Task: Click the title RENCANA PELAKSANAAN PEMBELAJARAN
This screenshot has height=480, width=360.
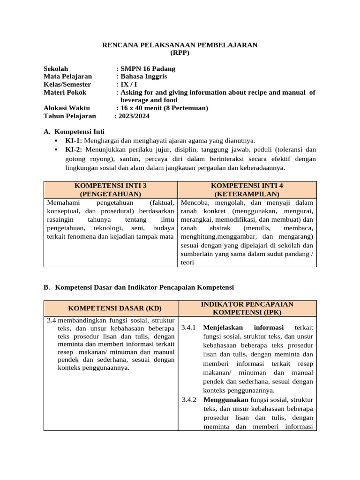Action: click(x=180, y=45)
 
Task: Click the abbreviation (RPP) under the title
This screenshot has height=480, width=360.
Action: click(x=180, y=53)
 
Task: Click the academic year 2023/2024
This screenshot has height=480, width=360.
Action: click(x=134, y=116)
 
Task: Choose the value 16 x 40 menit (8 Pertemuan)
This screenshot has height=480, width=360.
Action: click(x=164, y=108)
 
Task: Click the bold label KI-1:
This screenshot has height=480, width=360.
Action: click(x=74, y=140)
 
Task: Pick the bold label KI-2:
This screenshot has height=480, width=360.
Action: click(x=74, y=150)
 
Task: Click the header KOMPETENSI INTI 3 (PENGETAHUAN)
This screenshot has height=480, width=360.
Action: click(x=110, y=190)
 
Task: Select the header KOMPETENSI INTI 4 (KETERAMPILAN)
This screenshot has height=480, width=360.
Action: click(x=247, y=190)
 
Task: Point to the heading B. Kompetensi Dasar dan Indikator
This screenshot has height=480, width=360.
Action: click(x=139, y=287)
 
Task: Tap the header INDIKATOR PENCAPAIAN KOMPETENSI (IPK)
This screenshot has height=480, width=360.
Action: click(x=247, y=308)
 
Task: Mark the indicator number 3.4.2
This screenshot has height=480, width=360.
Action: click(x=189, y=400)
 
